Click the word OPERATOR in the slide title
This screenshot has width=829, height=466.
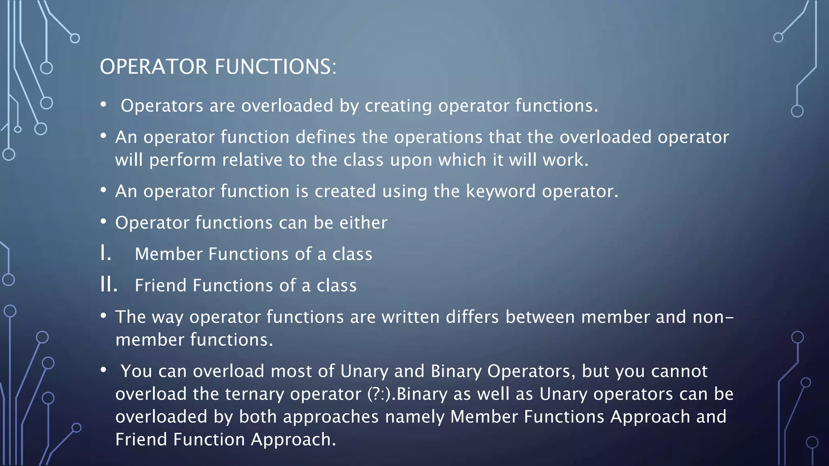click(153, 67)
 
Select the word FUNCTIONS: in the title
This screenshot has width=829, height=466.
click(275, 67)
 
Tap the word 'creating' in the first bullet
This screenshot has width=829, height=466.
click(398, 106)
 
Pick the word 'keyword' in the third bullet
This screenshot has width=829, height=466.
click(501, 191)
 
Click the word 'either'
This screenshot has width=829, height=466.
click(363, 223)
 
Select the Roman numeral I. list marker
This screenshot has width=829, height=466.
click(106, 254)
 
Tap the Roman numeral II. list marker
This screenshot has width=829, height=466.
click(109, 285)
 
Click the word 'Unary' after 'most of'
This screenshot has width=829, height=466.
click(364, 371)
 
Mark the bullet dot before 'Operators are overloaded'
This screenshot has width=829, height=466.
click(104, 105)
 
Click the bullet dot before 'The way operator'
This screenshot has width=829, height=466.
click(104, 316)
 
